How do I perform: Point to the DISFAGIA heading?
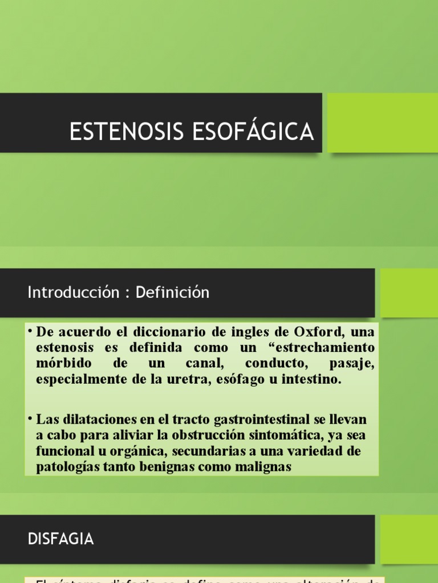point(61,539)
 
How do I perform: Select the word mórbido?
point(61,363)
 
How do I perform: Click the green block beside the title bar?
point(382,122)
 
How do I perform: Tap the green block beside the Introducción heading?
point(409,293)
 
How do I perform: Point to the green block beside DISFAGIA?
point(409,539)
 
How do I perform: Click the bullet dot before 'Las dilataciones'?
point(30,419)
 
